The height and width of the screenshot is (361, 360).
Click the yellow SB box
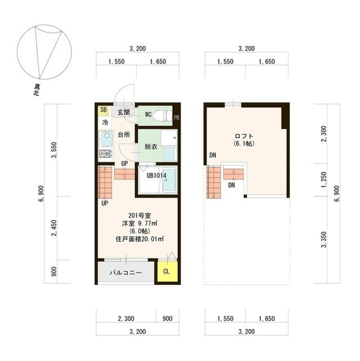click(103, 110)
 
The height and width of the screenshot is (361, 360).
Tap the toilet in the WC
click(164, 115)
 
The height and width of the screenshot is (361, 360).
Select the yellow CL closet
click(167, 271)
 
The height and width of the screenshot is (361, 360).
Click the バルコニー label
click(126, 273)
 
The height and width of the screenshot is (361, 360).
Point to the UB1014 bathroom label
click(156, 175)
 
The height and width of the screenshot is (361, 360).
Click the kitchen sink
click(106, 139)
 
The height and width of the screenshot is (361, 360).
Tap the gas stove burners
click(106, 153)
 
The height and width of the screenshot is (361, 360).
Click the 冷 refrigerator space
click(105, 122)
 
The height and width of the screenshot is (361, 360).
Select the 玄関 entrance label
click(124, 112)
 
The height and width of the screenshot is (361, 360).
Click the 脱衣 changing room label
click(151, 147)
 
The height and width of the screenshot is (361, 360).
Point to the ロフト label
click(244, 136)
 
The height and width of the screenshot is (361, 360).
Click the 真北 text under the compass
click(37, 90)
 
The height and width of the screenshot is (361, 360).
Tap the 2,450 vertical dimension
click(54, 228)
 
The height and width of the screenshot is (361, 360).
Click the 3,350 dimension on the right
click(324, 240)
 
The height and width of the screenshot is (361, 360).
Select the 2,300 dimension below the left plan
click(126, 319)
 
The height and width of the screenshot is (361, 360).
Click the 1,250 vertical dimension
click(324, 180)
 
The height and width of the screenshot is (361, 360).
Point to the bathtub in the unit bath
click(169, 179)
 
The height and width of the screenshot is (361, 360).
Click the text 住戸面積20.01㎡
click(140, 239)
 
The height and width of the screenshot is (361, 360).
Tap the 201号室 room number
click(140, 215)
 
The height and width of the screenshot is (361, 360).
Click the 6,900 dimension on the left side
click(41, 193)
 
